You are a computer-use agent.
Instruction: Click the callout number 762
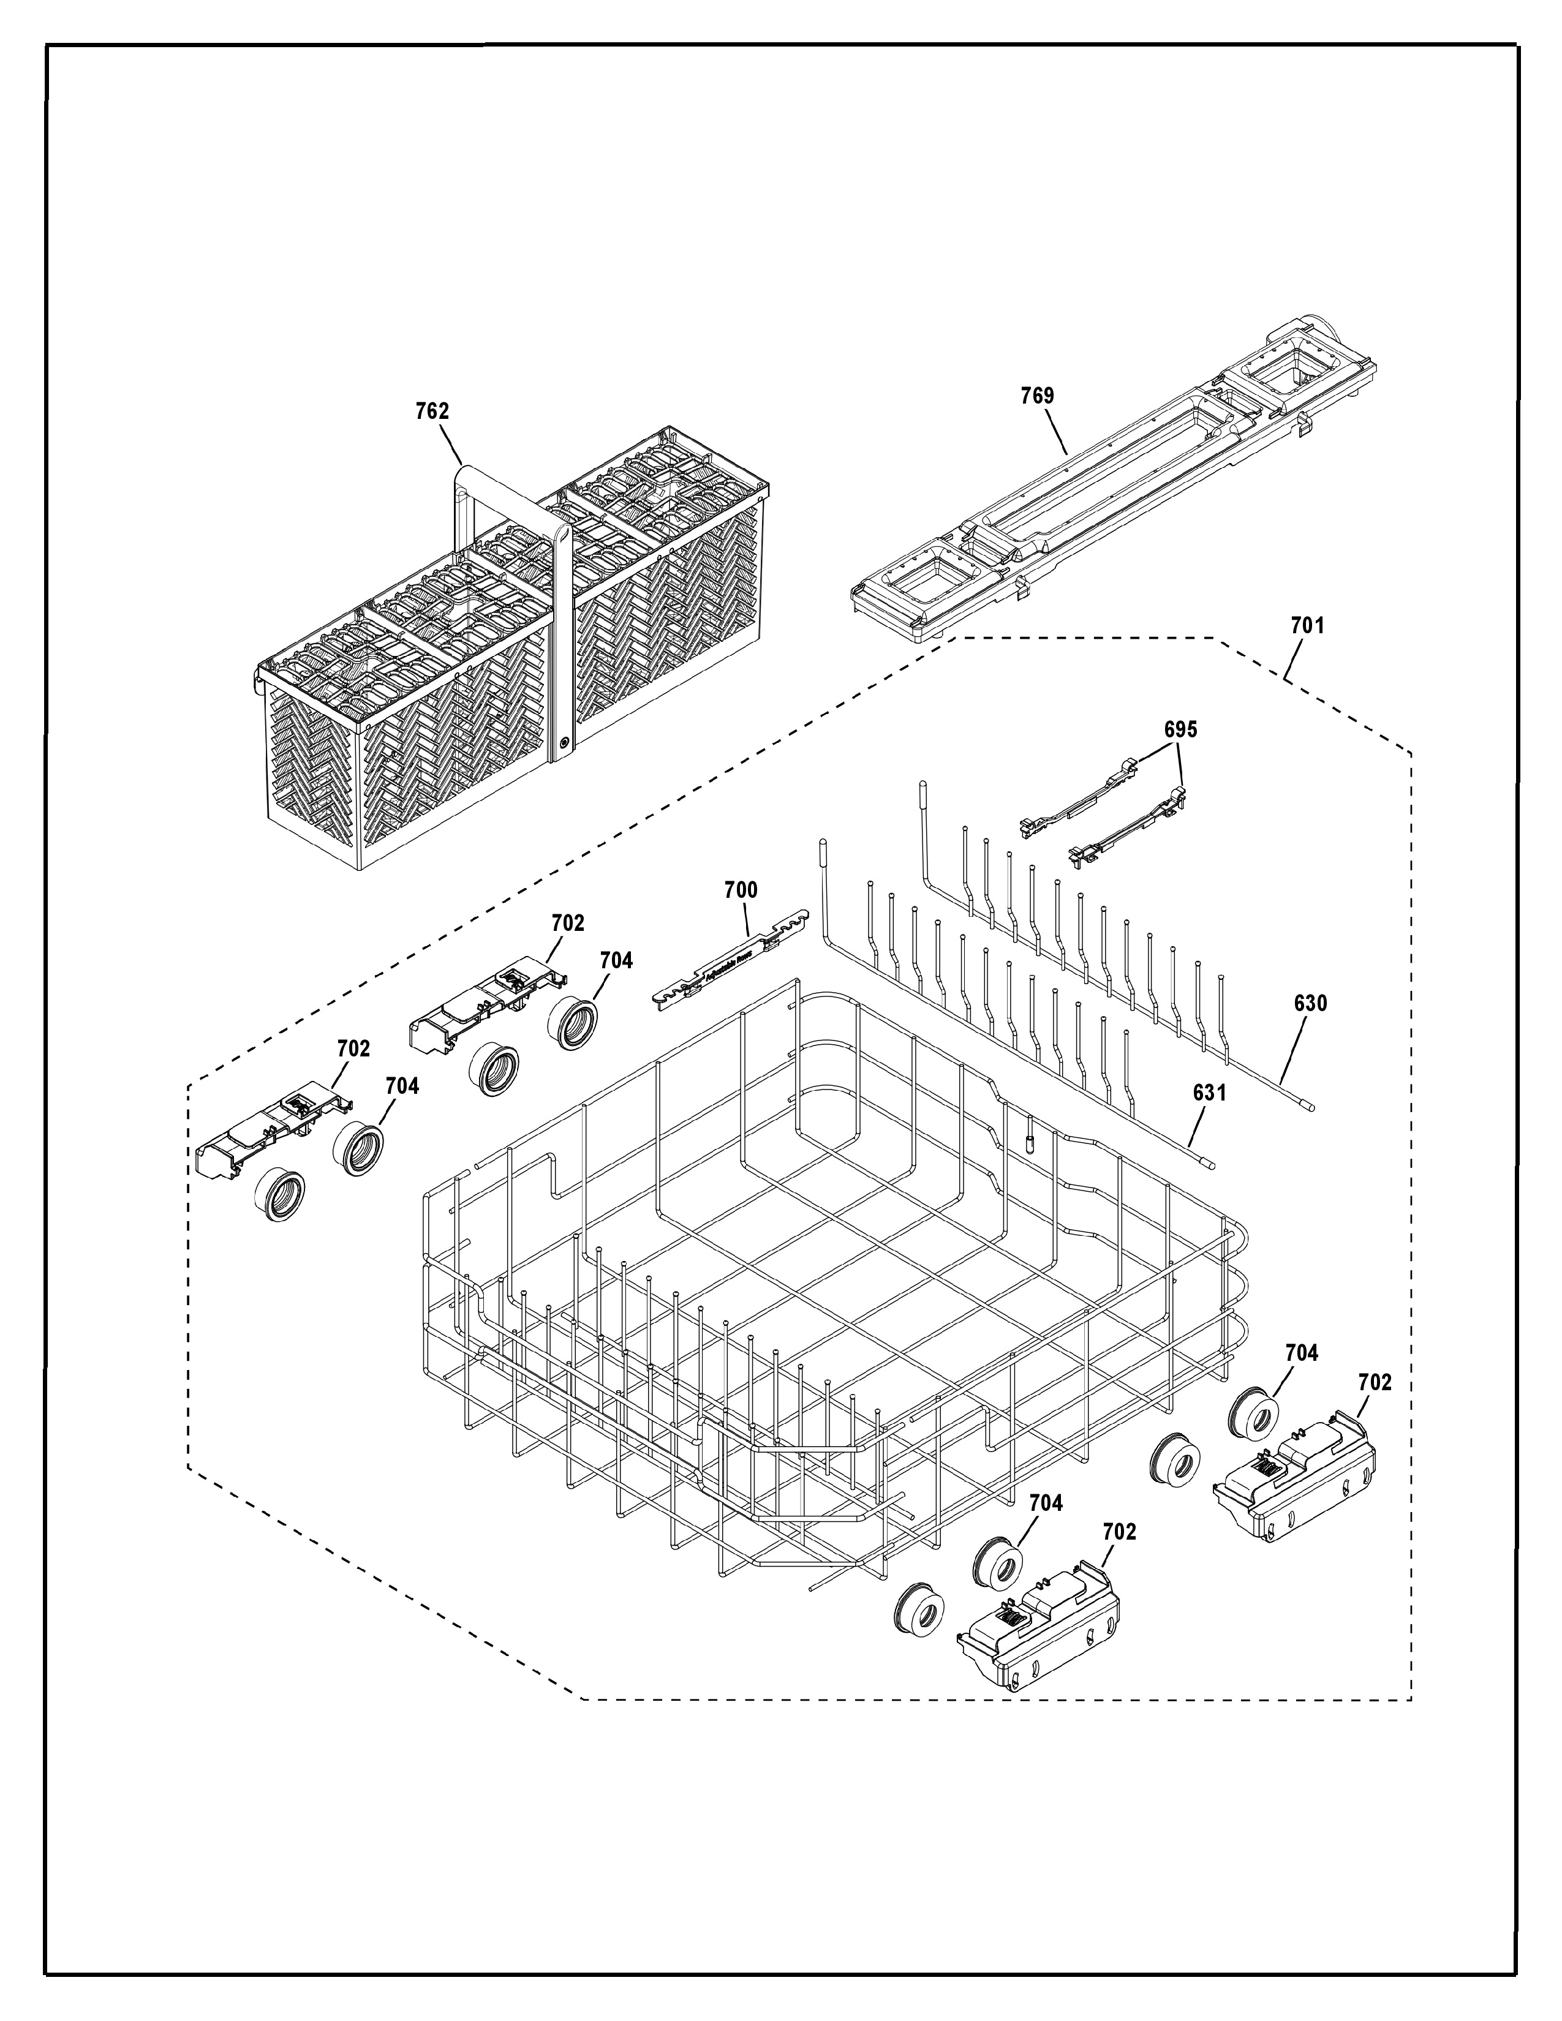click(431, 411)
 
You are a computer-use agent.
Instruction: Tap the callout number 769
click(1036, 396)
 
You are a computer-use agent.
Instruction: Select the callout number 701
click(1308, 625)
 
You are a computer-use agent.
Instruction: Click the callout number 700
click(741, 890)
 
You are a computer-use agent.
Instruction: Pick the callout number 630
click(1310, 1003)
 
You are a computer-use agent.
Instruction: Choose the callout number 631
click(1209, 1093)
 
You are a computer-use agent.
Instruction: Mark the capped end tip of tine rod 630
click(1308, 1104)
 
